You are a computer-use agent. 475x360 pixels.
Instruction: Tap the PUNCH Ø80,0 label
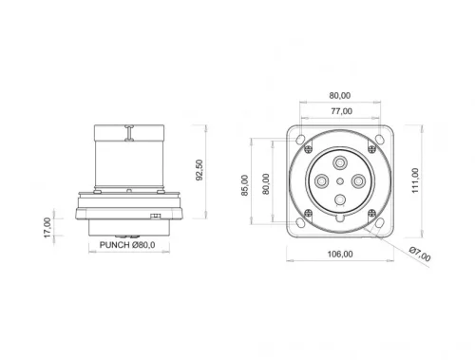click(x=127, y=244)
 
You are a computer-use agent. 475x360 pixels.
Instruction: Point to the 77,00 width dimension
click(x=339, y=110)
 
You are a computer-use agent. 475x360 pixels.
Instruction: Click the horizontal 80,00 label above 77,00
click(x=339, y=95)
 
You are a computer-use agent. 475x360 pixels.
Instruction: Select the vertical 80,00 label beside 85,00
click(x=265, y=181)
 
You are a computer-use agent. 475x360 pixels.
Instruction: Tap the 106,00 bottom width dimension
click(x=339, y=254)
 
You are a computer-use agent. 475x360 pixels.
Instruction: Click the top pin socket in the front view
click(x=339, y=159)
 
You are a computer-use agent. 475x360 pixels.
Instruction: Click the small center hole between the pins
click(x=339, y=180)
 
